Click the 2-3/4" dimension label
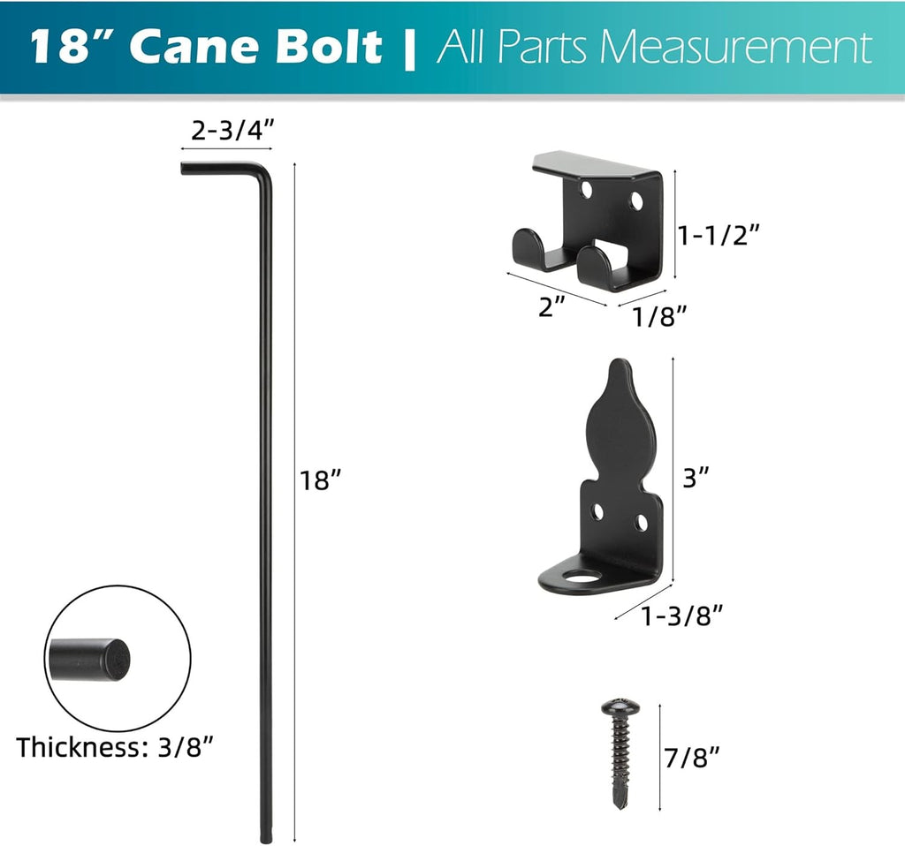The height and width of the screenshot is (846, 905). (x=232, y=132)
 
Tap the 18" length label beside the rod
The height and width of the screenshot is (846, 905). (x=320, y=480)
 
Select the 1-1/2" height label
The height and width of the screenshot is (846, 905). (x=719, y=236)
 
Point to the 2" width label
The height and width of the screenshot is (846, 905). (x=552, y=308)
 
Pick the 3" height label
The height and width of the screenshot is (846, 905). (x=696, y=478)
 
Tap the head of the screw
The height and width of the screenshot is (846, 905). (x=618, y=707)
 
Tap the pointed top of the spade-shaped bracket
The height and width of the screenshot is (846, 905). (x=620, y=366)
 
